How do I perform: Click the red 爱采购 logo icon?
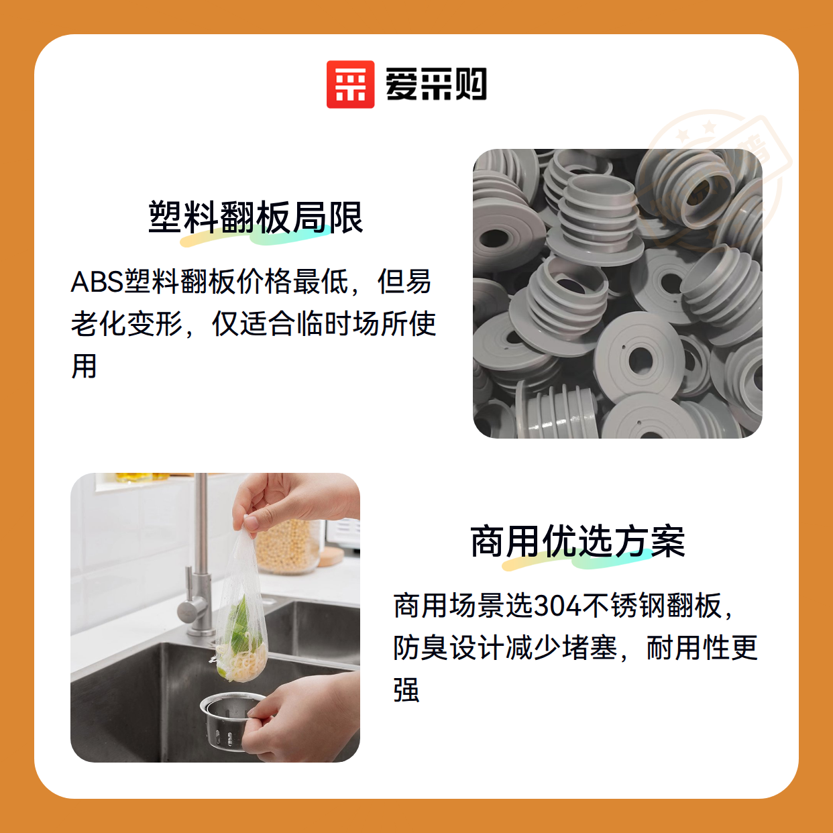click(350, 85)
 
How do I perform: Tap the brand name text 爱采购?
click(436, 85)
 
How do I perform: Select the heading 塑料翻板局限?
click(256, 217)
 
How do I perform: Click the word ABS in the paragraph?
click(97, 282)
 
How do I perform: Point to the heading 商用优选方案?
click(577, 541)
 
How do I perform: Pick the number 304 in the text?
click(557, 606)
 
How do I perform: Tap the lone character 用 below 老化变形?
click(84, 366)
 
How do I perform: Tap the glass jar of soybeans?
click(288, 545)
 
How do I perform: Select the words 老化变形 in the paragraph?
click(127, 324)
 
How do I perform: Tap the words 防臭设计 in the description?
click(449, 648)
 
